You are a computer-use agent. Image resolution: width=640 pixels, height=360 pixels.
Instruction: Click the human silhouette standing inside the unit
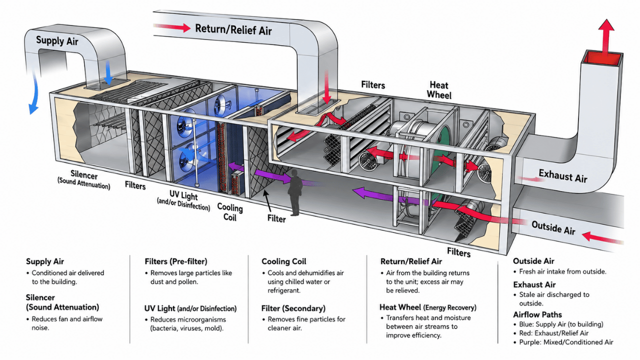point(295,192)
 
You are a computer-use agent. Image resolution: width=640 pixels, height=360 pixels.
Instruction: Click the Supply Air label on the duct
point(57,41)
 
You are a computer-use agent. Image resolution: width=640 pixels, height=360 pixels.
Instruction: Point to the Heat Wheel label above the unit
point(439,90)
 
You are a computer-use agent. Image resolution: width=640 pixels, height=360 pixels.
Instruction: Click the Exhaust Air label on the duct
point(563,175)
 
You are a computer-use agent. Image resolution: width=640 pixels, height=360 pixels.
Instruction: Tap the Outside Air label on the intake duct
point(553,228)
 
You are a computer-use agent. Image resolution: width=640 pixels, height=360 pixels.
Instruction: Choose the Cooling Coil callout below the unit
point(230,212)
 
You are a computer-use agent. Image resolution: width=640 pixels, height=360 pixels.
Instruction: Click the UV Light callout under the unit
point(183,200)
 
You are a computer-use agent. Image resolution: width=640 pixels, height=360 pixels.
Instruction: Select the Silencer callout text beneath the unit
point(83,179)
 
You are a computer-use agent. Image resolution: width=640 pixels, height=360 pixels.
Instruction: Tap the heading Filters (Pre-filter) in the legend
point(176,261)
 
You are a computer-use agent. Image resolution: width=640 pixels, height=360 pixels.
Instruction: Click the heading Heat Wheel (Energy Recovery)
point(428,307)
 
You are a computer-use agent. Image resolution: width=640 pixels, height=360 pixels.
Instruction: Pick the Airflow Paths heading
point(537,314)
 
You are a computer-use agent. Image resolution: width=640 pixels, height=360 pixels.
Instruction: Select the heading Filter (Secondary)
point(293,308)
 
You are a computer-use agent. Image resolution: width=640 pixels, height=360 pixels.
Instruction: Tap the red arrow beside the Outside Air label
point(602,237)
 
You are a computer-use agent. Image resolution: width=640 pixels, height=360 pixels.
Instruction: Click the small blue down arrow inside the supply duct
point(108,73)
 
